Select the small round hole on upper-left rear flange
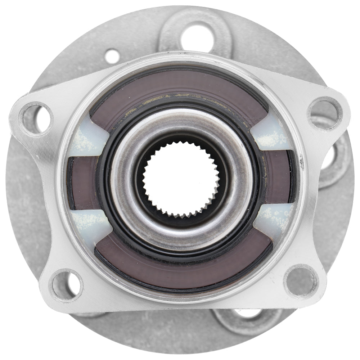pyautogui.click(x=112, y=56)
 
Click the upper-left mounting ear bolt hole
pyautogui.click(x=36, y=118)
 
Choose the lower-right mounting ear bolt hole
pyautogui.click(x=301, y=281)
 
